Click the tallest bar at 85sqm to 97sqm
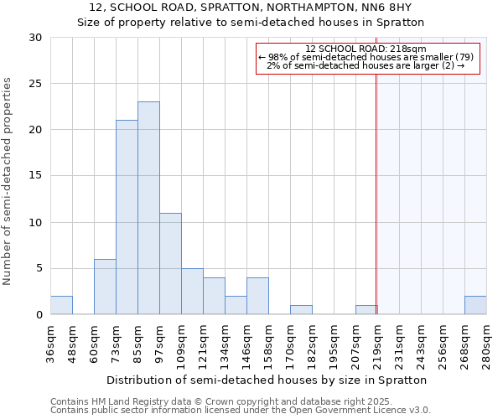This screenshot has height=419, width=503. click(x=148, y=208)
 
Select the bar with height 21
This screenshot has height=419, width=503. click(x=127, y=217)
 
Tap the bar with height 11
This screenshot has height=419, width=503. click(x=170, y=263)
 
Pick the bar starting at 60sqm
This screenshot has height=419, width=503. click(x=105, y=287)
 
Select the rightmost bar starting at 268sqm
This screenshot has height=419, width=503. click(x=475, y=305)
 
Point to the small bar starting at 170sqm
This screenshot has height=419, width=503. click(x=301, y=310)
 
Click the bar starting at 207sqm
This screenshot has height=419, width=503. click(x=366, y=310)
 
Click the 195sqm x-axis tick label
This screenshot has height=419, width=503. click(x=334, y=344)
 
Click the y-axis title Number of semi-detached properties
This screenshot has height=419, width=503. click(x=8, y=181)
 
